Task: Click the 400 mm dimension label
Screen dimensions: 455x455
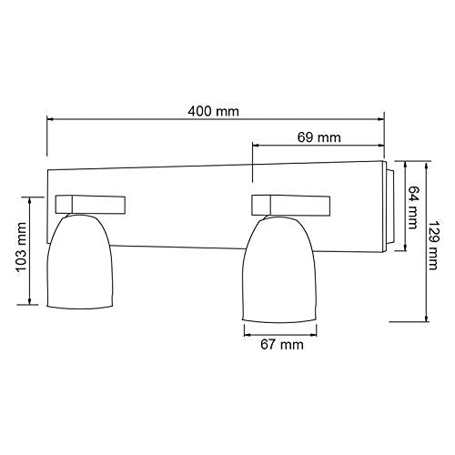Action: [x=213, y=111]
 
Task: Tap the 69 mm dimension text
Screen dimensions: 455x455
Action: [x=318, y=137]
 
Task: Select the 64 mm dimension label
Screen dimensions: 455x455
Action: [x=413, y=207]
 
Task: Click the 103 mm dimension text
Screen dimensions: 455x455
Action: [x=21, y=248]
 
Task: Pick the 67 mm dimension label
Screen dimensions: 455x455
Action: [x=282, y=345]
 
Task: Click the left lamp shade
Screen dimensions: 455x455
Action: [x=80, y=261]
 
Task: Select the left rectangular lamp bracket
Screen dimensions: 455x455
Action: [x=90, y=205]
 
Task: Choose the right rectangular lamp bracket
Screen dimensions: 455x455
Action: [x=291, y=206]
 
